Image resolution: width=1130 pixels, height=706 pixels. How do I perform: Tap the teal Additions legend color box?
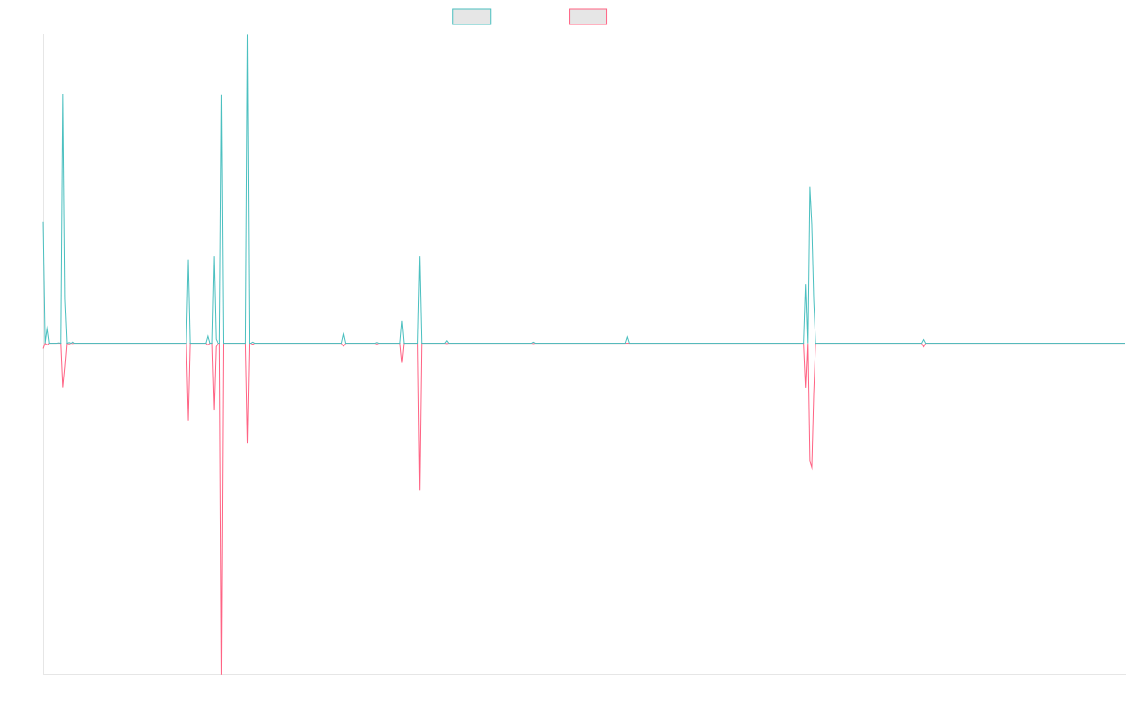[472, 17]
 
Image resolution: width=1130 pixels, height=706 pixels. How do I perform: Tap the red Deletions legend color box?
[589, 17]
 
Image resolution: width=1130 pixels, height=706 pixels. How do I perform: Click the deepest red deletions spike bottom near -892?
[221, 672]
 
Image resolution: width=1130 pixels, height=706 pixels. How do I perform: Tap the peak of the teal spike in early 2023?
[810, 187]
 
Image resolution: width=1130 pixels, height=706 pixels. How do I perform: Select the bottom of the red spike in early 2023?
[812, 468]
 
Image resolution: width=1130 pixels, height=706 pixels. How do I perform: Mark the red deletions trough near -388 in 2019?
[420, 489]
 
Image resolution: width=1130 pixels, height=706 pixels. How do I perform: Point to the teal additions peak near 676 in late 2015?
[63, 95]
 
